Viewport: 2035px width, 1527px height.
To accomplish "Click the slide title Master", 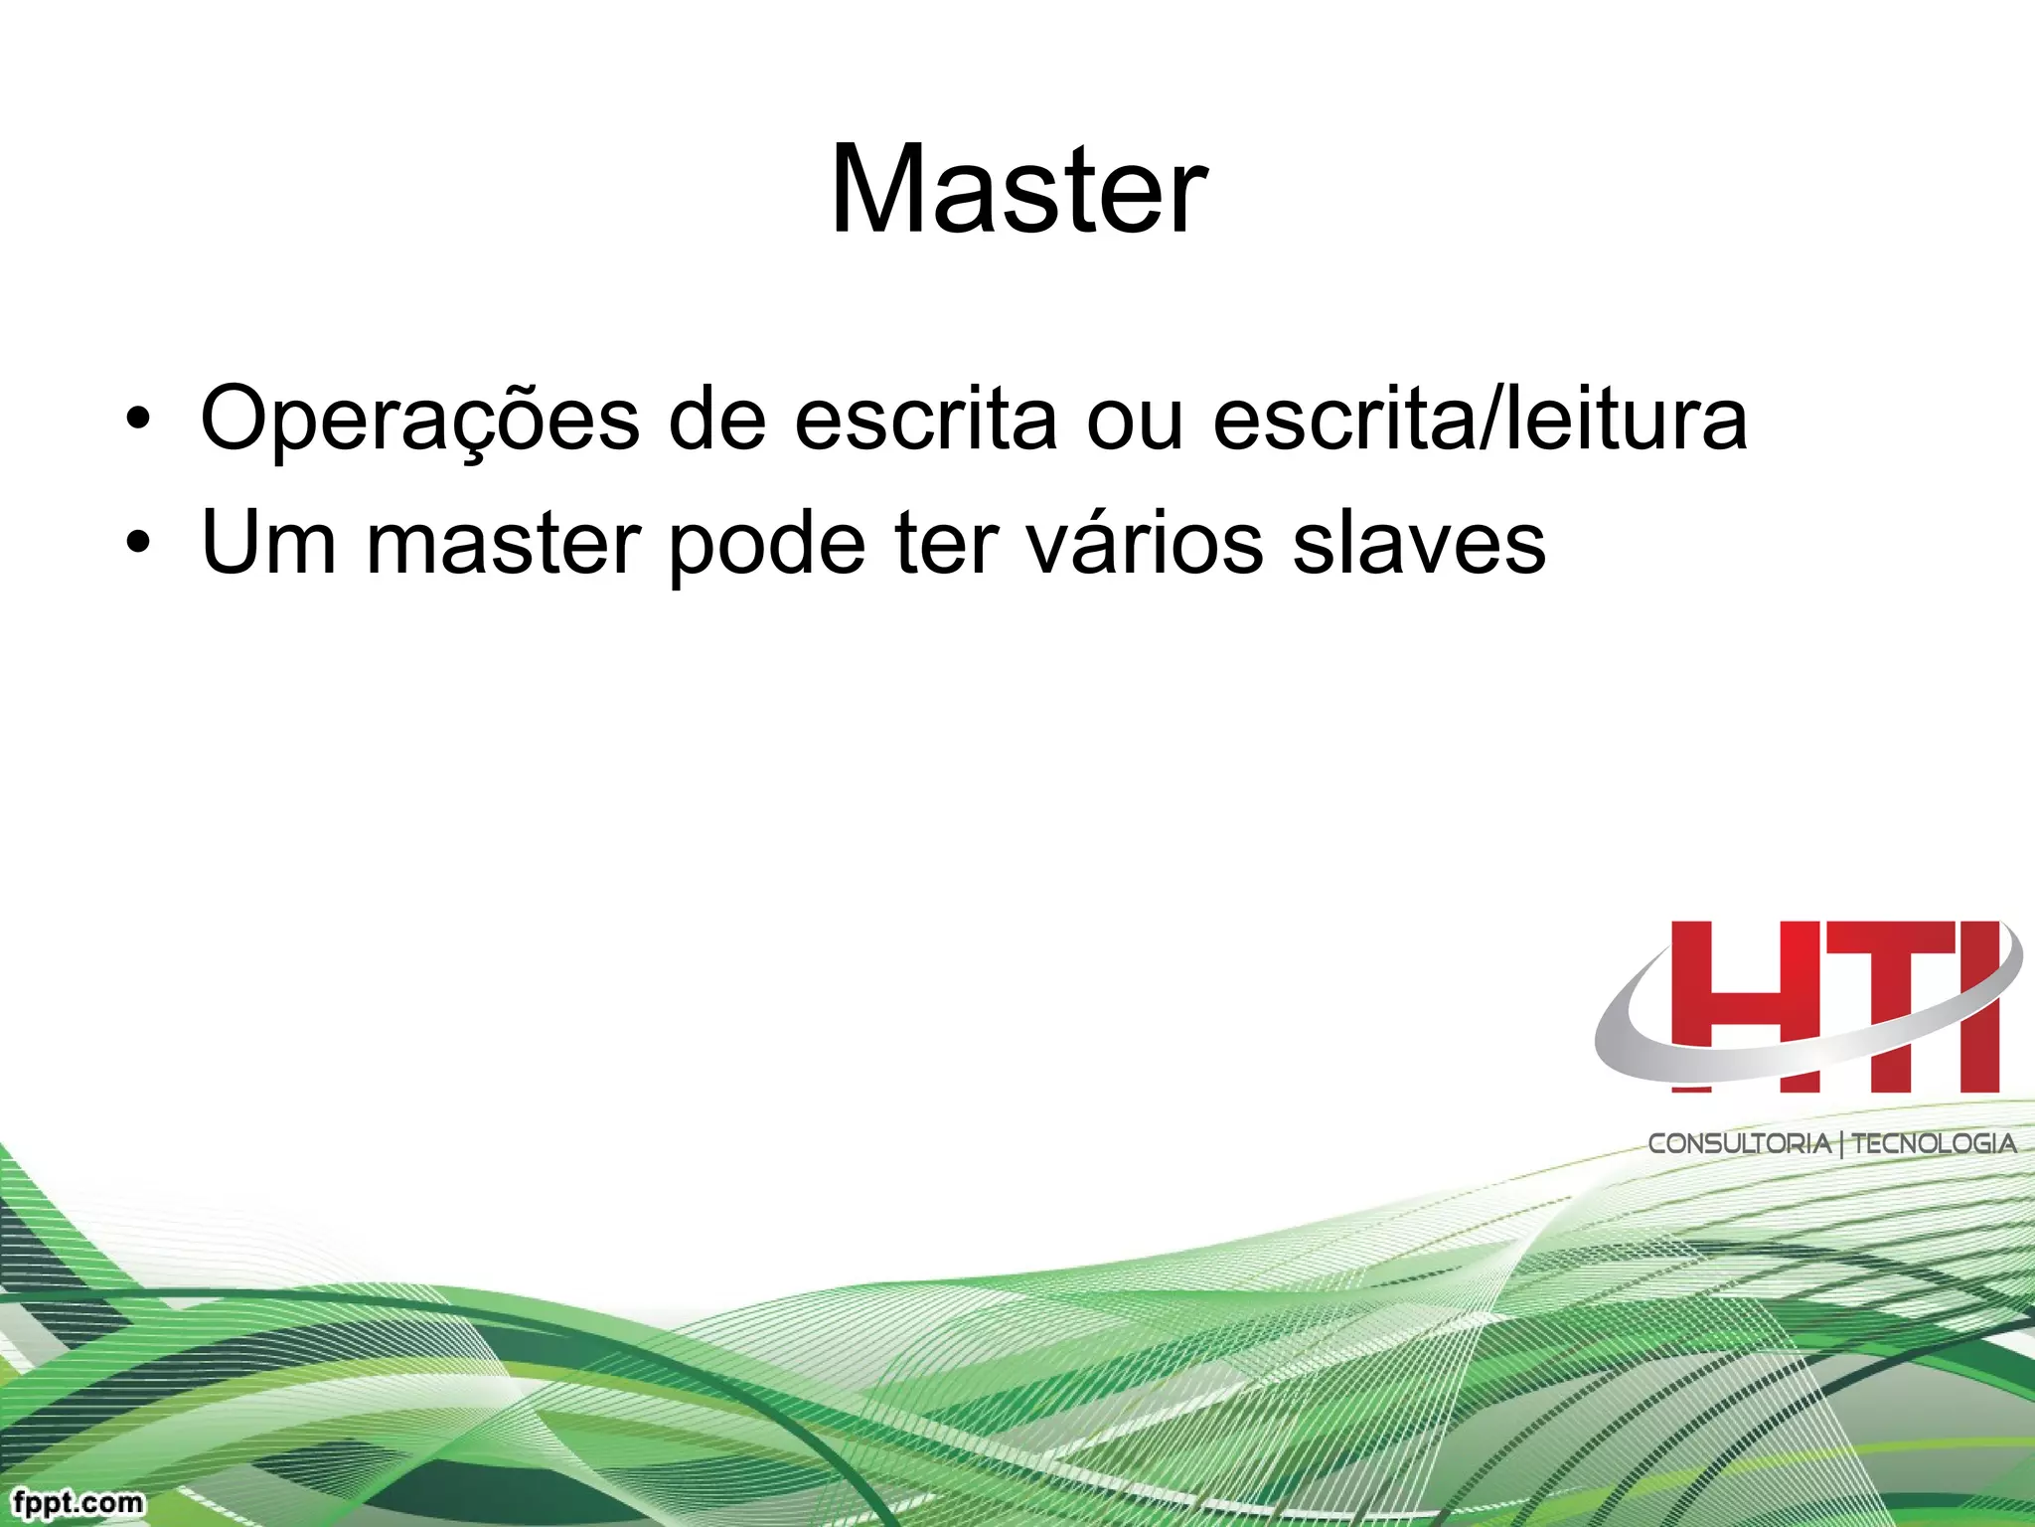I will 1018,190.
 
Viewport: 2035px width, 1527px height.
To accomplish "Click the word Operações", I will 419,420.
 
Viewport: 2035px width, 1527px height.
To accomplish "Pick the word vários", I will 1144,543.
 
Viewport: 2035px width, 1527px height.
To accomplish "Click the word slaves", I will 1419,543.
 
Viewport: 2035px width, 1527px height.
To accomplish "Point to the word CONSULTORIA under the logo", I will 1739,1143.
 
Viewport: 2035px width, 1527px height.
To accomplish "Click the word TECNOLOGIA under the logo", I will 1934,1143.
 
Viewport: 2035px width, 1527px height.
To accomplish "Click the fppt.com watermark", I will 78,1502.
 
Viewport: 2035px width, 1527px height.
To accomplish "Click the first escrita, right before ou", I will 925,420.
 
